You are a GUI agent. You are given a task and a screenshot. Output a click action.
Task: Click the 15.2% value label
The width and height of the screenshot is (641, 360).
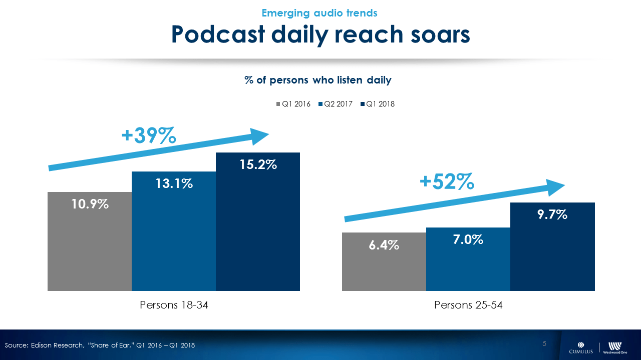coord(258,164)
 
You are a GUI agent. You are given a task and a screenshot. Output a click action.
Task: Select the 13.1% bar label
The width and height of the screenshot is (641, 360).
coord(174,183)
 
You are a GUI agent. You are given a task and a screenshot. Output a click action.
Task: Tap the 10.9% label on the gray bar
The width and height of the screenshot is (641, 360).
coord(90,204)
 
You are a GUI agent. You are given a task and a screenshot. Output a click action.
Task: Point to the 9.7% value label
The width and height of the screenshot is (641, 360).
coord(552,214)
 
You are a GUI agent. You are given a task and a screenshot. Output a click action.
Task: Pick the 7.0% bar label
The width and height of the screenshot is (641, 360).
coord(468,239)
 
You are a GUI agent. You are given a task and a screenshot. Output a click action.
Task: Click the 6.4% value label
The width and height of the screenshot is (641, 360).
coord(384,245)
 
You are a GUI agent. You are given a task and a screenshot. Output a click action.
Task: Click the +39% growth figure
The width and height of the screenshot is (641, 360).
coord(149,135)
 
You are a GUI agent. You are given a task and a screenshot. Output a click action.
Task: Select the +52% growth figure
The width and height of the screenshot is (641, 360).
coord(447,182)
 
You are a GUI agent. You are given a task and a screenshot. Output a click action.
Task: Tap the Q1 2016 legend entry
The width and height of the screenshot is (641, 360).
coord(293,104)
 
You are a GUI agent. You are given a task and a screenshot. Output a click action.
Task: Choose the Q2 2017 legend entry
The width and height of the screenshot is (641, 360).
coord(335,104)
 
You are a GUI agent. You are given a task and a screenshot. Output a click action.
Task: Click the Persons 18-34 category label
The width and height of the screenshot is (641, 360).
coord(174,305)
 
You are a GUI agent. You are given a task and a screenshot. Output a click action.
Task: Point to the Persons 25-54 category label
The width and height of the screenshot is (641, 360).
coord(468,305)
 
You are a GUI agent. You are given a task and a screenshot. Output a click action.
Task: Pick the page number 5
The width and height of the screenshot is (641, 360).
coord(544,343)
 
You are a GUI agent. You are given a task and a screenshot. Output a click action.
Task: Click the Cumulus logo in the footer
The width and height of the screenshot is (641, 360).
coord(580,347)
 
